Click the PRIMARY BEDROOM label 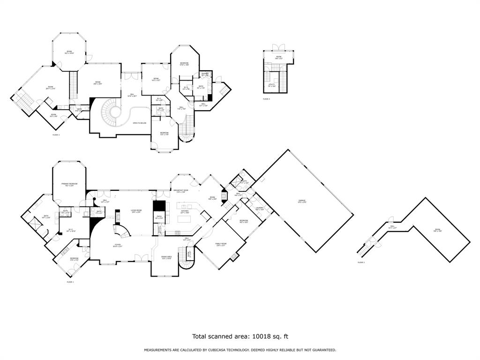pyautogui.click(x=69, y=184)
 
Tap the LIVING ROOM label pyautogui.click(x=136, y=211)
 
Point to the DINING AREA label pyautogui.click(x=166, y=256)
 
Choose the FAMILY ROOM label pyautogui.click(x=221, y=243)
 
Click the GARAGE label pyautogui.click(x=302, y=201)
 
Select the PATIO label pyautogui.click(x=159, y=217)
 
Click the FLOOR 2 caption pyautogui.click(x=361, y=262)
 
